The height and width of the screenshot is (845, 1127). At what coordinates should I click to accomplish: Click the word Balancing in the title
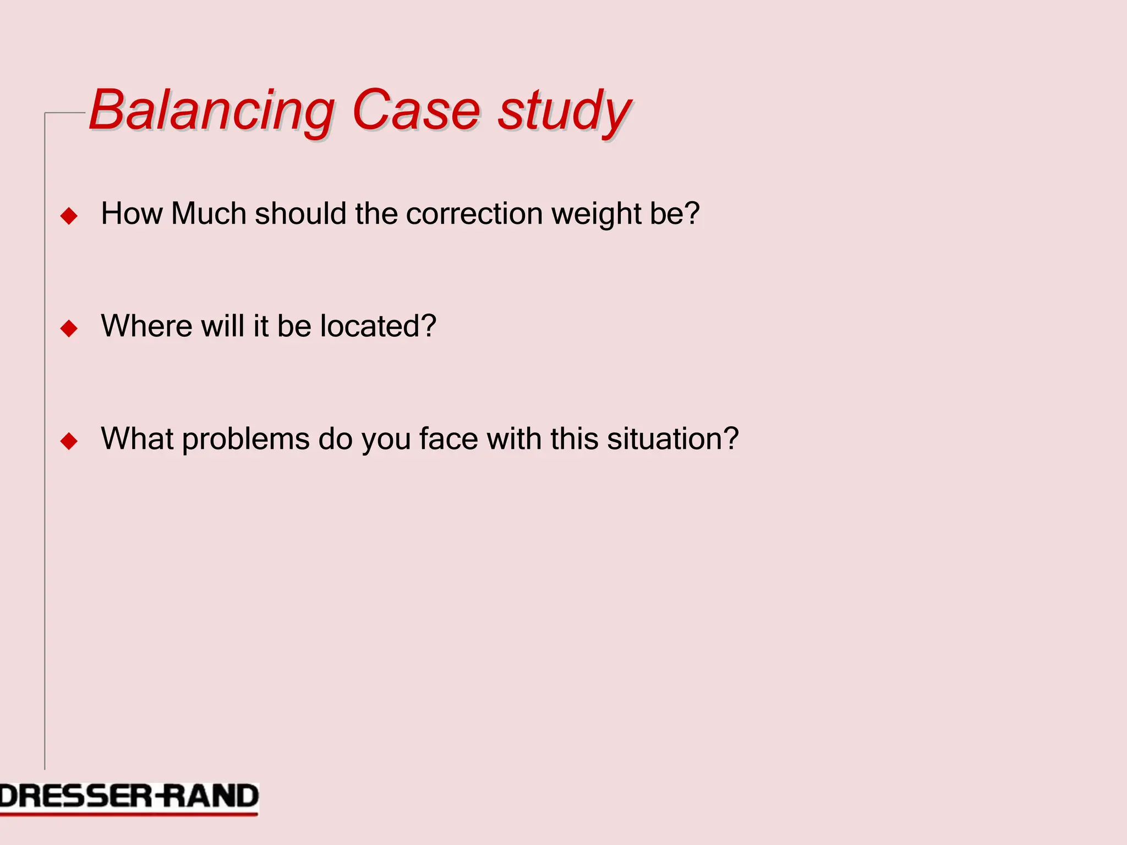(212, 112)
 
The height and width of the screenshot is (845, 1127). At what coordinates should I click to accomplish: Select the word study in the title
(565, 112)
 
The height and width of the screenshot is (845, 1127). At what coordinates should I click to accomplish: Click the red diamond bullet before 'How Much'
(69, 216)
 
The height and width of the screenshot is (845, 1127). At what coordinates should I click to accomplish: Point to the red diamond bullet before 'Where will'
(69, 328)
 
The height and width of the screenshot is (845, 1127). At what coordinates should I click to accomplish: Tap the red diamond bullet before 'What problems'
(69, 441)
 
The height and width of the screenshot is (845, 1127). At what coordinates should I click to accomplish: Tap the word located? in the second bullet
(378, 326)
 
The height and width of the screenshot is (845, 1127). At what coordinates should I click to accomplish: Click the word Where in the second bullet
(146, 326)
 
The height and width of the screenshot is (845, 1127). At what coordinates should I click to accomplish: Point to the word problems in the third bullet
(245, 440)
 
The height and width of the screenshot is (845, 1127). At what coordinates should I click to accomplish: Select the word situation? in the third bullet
(672, 438)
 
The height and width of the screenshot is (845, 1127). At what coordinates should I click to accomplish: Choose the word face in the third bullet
(448, 438)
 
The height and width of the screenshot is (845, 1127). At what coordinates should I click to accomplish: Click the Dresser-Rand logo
(129, 798)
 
